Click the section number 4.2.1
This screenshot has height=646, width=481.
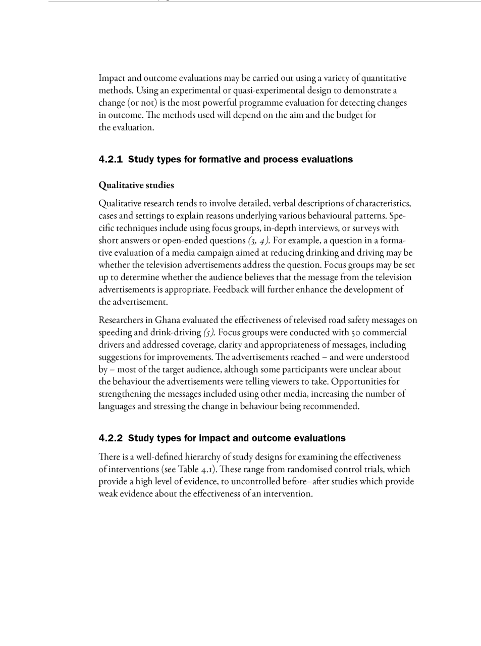tap(111, 160)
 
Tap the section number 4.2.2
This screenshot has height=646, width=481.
tap(111, 438)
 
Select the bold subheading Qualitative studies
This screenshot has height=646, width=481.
tap(136, 186)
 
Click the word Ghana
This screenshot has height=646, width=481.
tap(167, 320)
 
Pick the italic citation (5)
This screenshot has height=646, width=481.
tap(209, 333)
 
